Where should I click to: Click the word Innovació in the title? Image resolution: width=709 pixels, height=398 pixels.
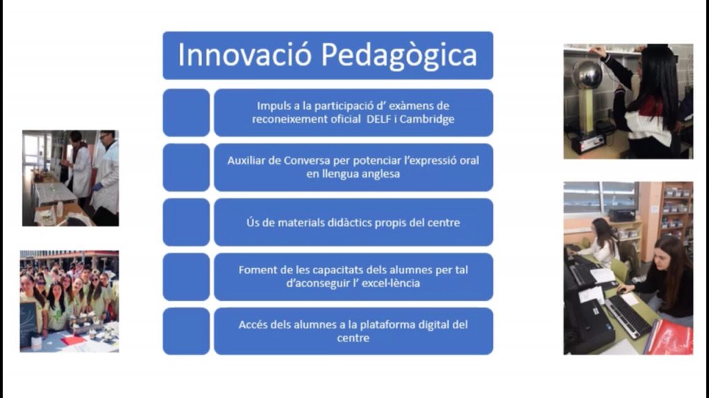click(244, 55)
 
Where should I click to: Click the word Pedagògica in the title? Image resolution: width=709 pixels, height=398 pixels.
click(400, 56)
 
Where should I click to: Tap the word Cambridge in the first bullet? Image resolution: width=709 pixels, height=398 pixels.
click(427, 119)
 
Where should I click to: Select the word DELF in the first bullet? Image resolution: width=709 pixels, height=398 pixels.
click(379, 119)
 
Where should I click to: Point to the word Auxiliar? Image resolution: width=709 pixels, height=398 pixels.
click(246, 161)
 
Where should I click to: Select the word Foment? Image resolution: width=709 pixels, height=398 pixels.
click(256, 270)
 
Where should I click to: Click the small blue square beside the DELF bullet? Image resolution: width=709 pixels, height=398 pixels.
click(186, 113)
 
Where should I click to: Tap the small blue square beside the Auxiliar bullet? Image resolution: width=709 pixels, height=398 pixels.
click(186, 168)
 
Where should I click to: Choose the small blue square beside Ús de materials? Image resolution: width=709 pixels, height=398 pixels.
click(186, 222)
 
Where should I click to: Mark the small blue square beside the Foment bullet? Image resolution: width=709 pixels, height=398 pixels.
click(186, 277)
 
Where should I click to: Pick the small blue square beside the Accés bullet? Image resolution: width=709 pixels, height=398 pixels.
click(186, 331)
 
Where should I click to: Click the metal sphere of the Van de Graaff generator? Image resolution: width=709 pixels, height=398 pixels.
click(587, 75)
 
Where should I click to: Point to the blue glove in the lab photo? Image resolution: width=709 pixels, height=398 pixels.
click(97, 186)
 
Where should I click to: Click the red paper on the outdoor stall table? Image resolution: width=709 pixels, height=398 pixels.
click(73, 340)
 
